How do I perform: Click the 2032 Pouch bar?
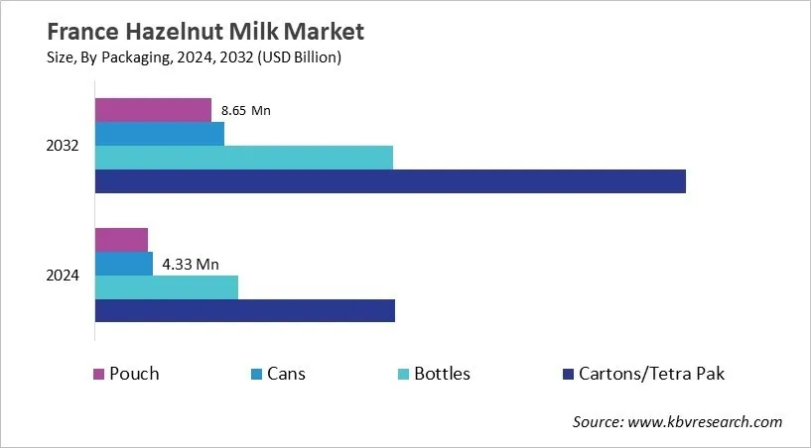pyautogui.click(x=153, y=110)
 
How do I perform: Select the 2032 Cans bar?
pyautogui.click(x=159, y=134)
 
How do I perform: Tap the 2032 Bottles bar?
pyautogui.click(x=243, y=157)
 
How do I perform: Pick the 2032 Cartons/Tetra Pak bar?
pyautogui.click(x=390, y=180)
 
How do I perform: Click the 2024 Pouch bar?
pyautogui.click(x=121, y=239)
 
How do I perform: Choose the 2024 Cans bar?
pyautogui.click(x=124, y=264)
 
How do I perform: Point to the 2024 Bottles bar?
pyautogui.click(x=167, y=286)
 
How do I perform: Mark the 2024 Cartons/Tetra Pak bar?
pyautogui.click(x=244, y=310)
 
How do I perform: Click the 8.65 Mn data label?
pyautogui.click(x=246, y=110)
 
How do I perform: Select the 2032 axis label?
pyautogui.click(x=63, y=146)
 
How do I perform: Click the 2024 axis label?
pyautogui.click(x=63, y=276)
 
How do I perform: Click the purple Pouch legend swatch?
pyautogui.click(x=99, y=375)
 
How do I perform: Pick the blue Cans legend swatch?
pyautogui.click(x=257, y=375)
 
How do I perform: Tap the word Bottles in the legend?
pyautogui.click(x=442, y=374)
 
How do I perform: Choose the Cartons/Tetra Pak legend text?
pyautogui.click(x=652, y=374)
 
